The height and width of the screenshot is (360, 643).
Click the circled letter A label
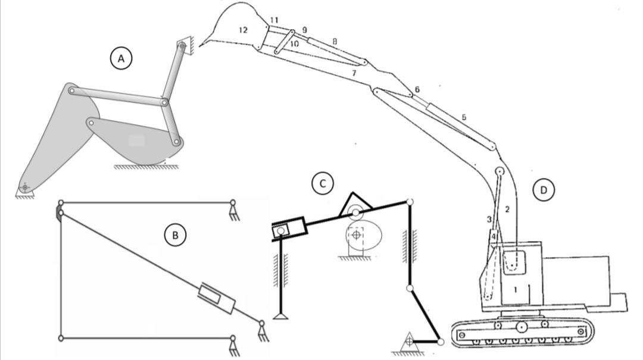tap(121, 58)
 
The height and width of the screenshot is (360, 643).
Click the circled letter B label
tap(175, 235)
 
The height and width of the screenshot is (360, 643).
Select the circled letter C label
tap(323, 183)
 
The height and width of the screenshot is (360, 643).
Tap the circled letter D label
tap(543, 190)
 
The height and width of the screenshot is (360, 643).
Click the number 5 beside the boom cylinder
tap(464, 117)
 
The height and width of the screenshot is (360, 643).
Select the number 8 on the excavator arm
tap(335, 42)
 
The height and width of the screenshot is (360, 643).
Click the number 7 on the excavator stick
tap(354, 73)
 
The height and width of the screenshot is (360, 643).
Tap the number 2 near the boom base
tap(507, 209)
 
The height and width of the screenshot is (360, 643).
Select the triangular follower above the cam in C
tap(355, 205)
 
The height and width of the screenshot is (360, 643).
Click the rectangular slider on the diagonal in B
tap(216, 299)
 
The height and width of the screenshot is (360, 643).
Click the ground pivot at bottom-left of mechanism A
tap(24, 188)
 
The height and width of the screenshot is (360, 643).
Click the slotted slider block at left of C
tap(289, 229)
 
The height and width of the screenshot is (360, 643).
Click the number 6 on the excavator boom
tap(417, 89)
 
